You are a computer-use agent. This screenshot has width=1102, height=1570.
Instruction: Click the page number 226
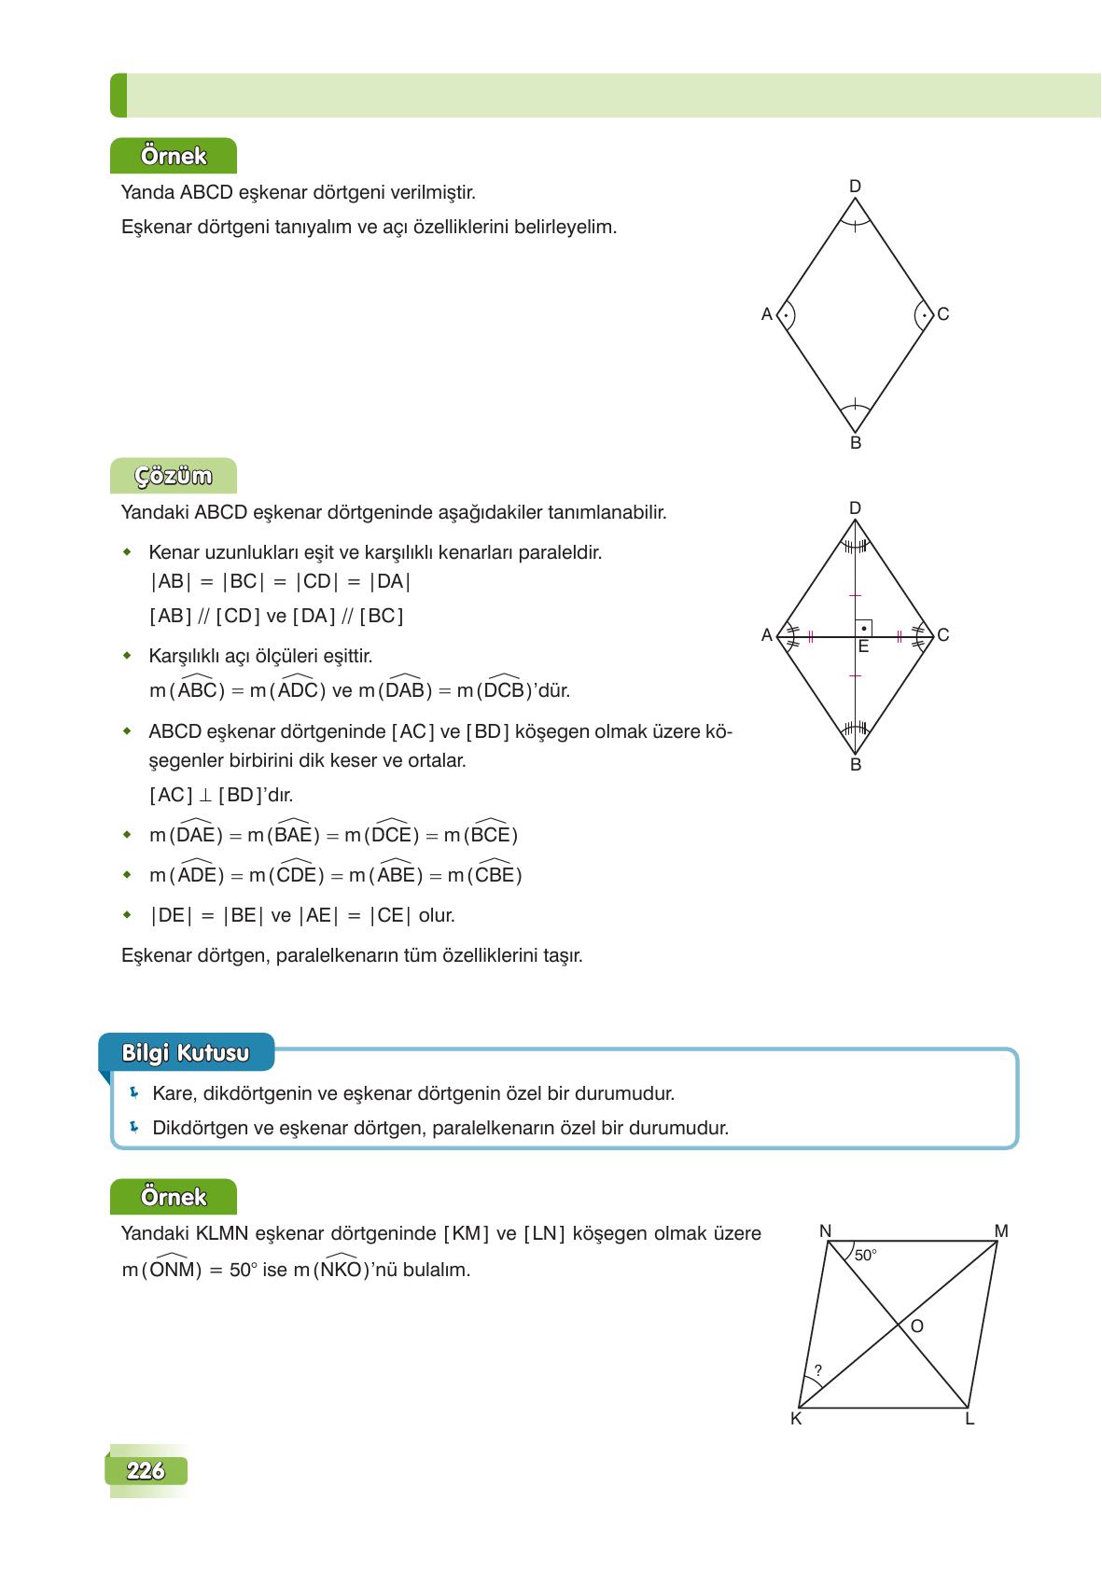click(x=146, y=1470)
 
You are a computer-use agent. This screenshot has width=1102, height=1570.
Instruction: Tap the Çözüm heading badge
click(x=174, y=476)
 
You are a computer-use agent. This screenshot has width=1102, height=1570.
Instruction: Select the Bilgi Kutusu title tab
click(x=186, y=1052)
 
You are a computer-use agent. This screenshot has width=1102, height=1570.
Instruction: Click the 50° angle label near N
click(x=865, y=1256)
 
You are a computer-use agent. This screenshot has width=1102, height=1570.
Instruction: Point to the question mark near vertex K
click(x=817, y=1370)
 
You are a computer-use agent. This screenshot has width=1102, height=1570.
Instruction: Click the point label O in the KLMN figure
click(x=916, y=1326)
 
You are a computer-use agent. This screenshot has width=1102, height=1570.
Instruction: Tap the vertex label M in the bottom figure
click(x=1001, y=1231)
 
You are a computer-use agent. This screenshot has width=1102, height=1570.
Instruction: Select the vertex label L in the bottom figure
click(x=969, y=1420)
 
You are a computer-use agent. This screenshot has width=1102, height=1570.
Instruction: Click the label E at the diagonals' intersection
click(x=863, y=646)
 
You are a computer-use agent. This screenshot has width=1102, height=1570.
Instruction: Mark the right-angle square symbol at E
click(x=863, y=629)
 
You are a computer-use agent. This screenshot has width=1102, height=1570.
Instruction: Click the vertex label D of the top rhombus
click(x=855, y=187)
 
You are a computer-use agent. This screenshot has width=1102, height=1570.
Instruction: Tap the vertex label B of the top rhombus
click(x=856, y=443)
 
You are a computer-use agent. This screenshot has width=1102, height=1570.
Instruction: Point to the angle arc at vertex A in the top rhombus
click(x=786, y=315)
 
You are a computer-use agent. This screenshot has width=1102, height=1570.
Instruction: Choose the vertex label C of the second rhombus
click(x=942, y=635)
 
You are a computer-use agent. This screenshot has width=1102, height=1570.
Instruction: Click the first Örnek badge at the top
click(x=174, y=156)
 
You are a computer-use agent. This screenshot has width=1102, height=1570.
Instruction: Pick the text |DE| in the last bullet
click(x=170, y=915)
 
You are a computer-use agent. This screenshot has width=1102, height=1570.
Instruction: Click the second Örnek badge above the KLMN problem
click(x=174, y=1197)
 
